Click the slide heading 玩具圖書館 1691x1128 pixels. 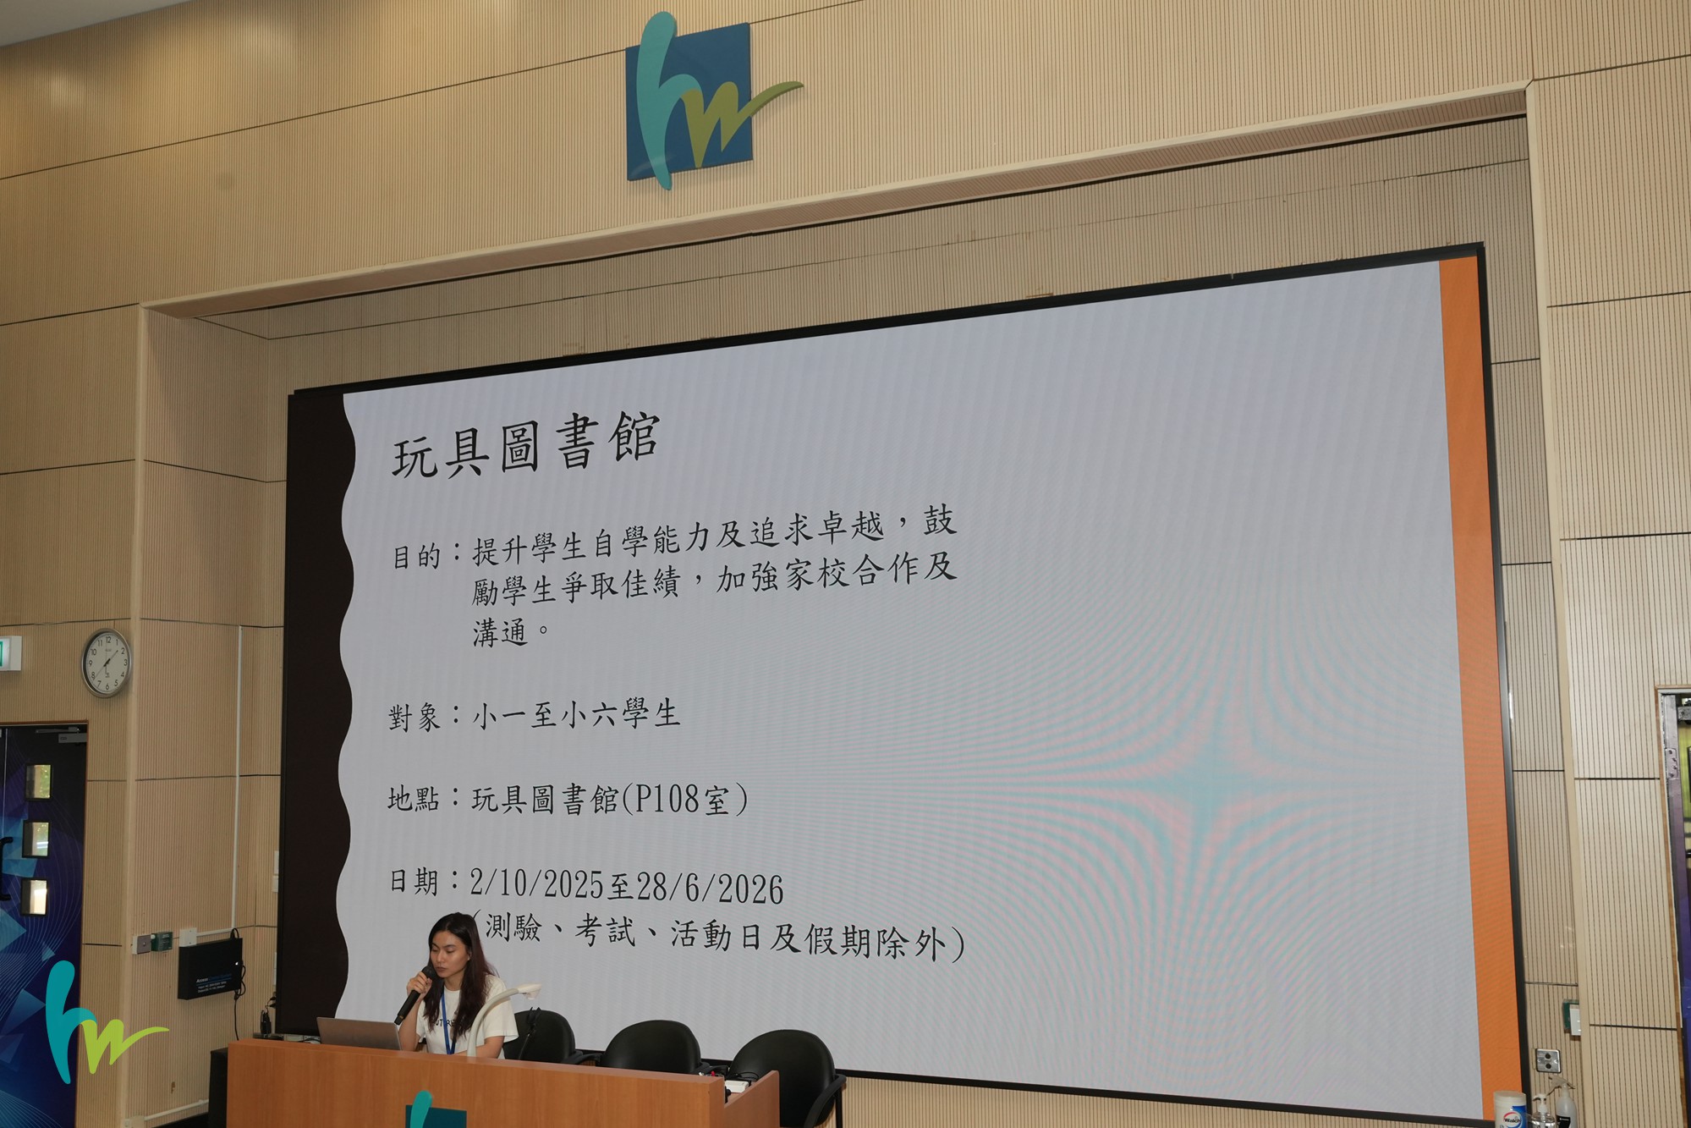tap(524, 446)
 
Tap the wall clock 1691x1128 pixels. tap(107, 663)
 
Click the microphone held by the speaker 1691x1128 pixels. tap(414, 995)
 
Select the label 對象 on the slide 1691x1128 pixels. tap(415, 718)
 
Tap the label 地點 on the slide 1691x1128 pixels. tap(414, 799)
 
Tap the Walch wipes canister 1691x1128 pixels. tap(1509, 1109)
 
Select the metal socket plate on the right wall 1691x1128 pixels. tap(1547, 1060)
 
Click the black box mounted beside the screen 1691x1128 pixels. tap(210, 968)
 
